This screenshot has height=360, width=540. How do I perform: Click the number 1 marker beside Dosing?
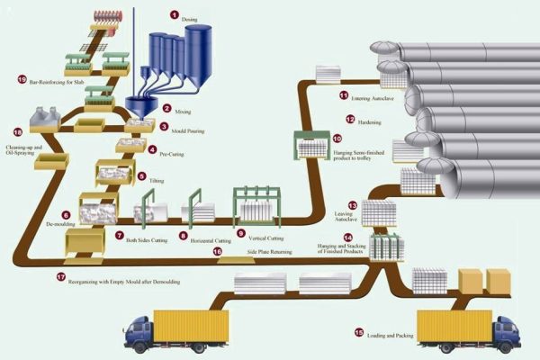click(175, 15)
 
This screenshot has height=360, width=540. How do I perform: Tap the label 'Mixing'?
click(183, 110)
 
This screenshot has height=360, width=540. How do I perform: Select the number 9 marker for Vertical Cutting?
click(241, 233)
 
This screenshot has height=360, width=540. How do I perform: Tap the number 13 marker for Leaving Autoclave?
click(353, 206)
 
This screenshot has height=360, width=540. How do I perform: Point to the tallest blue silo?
click(198, 53)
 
